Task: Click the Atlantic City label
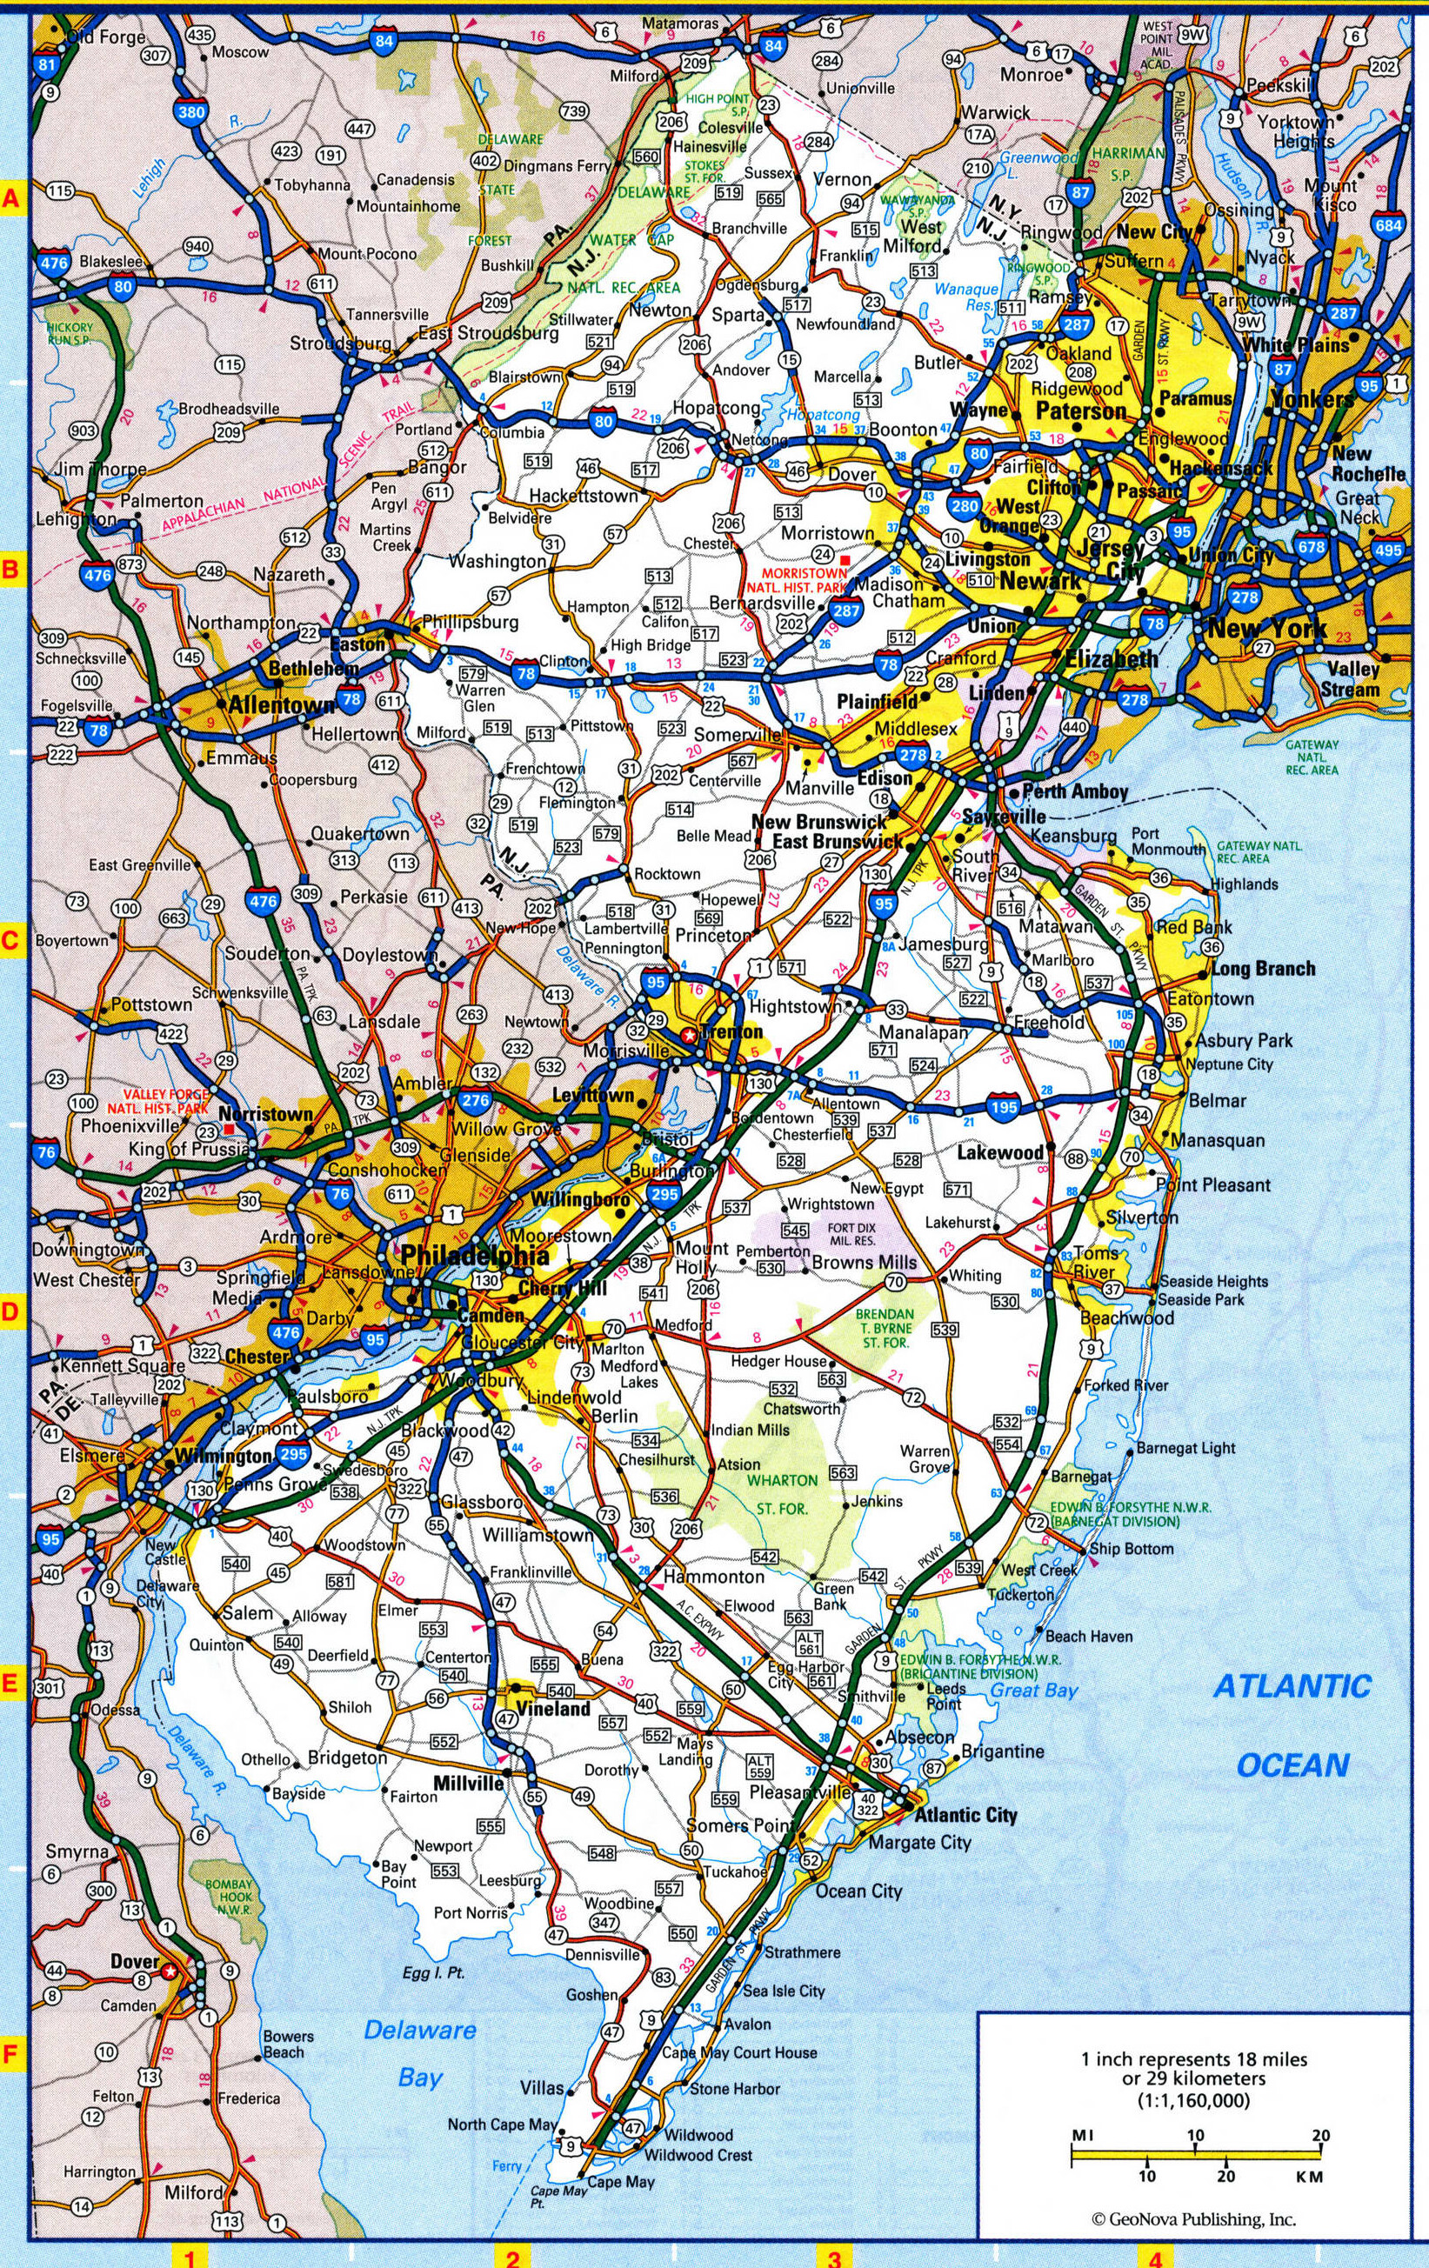point(966,1814)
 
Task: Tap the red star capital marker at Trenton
point(691,1035)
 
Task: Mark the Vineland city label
point(554,1709)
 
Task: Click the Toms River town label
point(1097,1262)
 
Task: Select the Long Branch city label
point(1263,968)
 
